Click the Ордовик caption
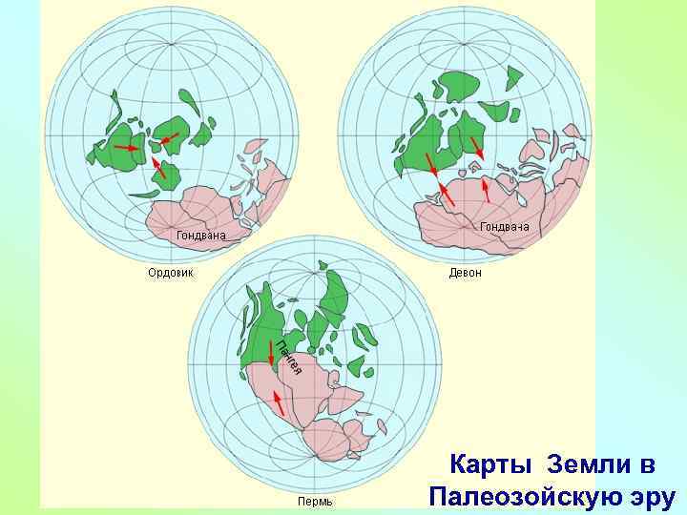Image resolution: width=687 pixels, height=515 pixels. click(x=170, y=273)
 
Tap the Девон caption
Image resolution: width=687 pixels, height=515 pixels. click(x=466, y=273)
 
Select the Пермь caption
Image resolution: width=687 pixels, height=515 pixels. click(x=316, y=501)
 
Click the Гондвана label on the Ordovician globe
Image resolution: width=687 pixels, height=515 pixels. click(x=201, y=235)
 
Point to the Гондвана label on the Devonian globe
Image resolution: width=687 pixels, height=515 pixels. click(x=505, y=227)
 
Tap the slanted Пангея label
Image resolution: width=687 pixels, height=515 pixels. click(x=289, y=357)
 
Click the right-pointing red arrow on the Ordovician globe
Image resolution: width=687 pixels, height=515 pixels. click(x=127, y=148)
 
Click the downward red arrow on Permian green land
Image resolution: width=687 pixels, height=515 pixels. click(x=272, y=354)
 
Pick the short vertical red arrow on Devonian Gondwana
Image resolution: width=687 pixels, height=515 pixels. click(x=486, y=190)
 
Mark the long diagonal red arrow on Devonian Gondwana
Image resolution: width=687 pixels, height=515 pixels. click(x=444, y=196)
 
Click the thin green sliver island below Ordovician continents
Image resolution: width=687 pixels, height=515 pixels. click(x=145, y=194)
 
